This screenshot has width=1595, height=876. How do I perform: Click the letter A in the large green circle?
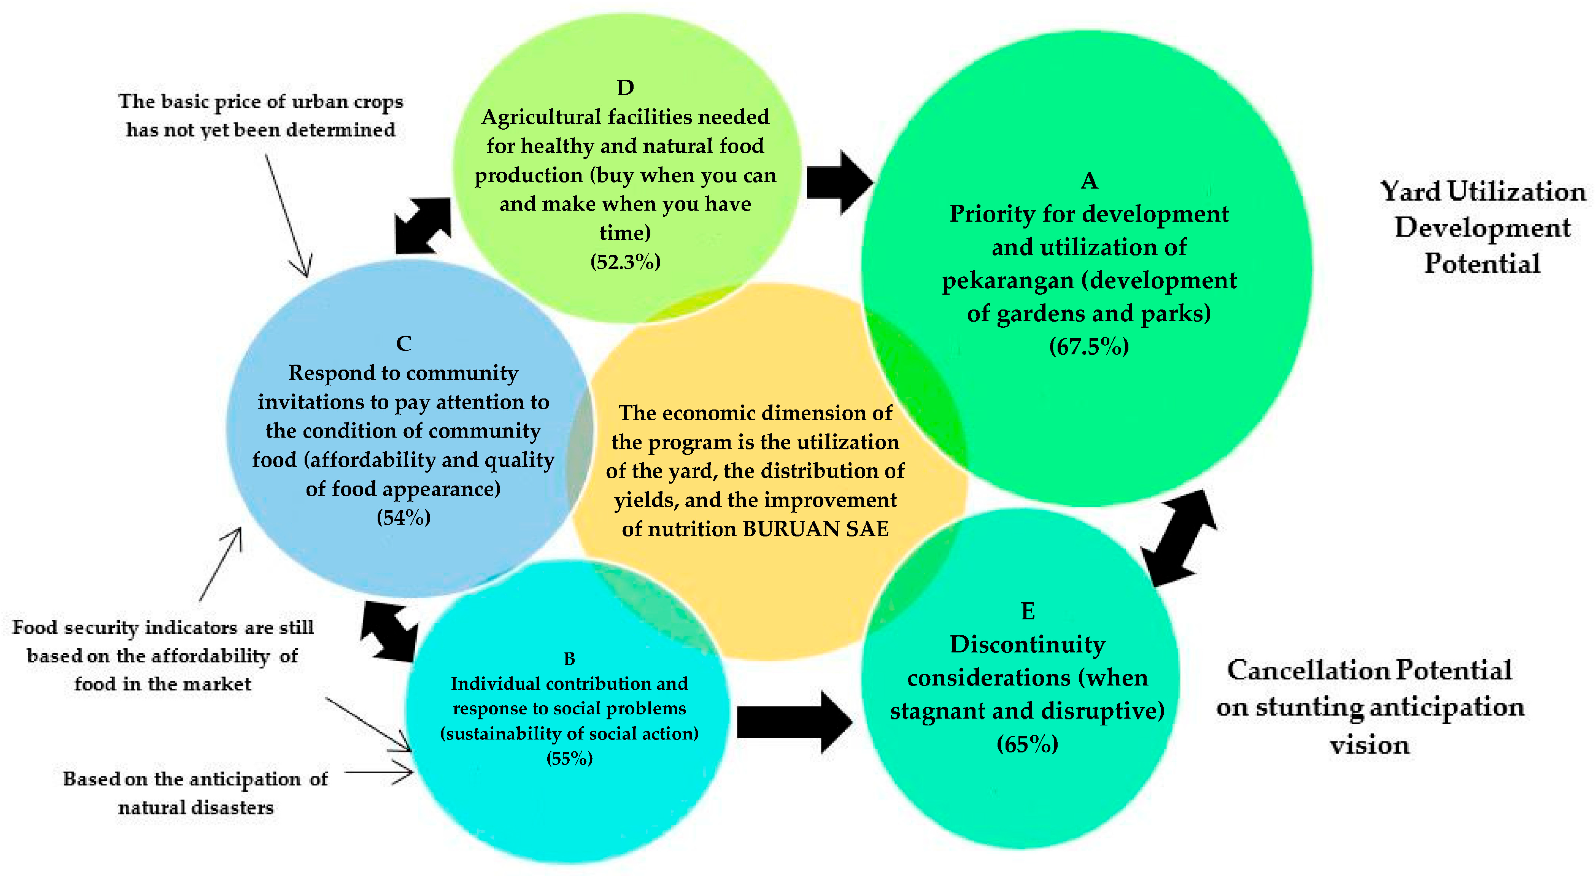pos(1089,181)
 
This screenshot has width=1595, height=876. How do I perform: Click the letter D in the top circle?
pos(625,88)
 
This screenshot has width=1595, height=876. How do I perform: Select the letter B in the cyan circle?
pos(569,659)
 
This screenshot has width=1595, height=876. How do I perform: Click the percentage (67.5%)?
pos(1089,346)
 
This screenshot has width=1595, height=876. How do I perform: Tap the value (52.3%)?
pos(625,262)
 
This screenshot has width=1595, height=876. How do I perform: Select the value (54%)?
pos(404,517)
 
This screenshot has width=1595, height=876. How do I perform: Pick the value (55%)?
pos(569,759)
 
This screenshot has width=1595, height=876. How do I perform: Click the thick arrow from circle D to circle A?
pos(839,182)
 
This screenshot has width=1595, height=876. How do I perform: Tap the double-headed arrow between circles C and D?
pos(423,226)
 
